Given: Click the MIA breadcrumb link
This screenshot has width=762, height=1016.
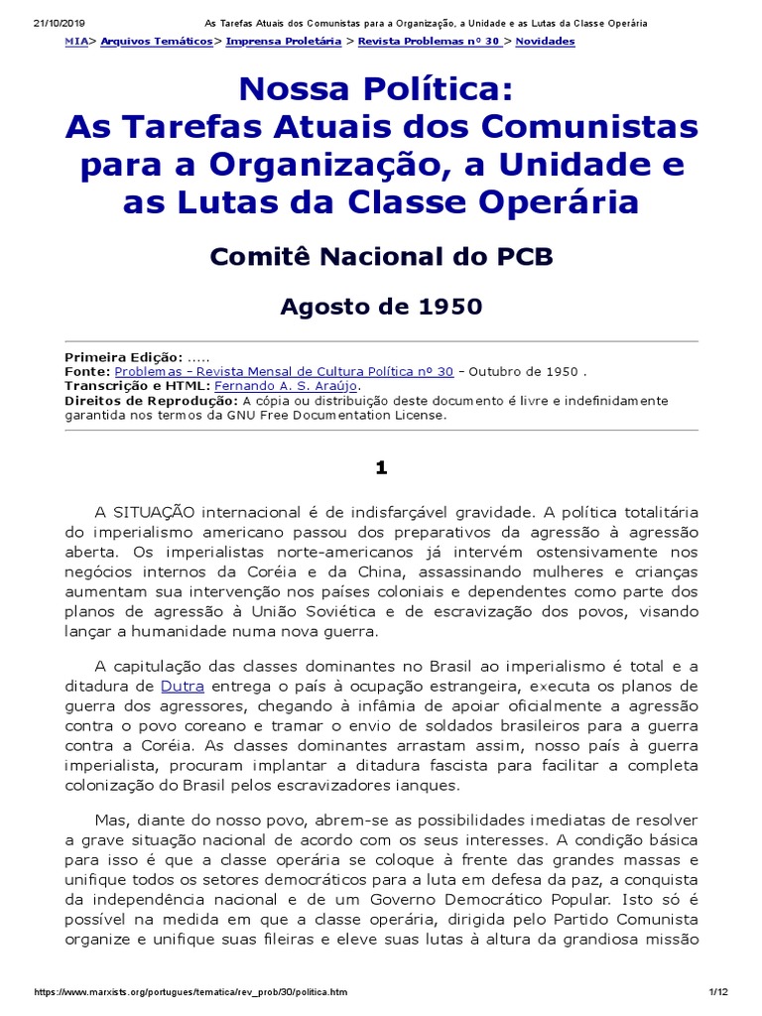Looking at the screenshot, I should [75, 42].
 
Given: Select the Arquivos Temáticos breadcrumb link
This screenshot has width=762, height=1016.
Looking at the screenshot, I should [156, 42].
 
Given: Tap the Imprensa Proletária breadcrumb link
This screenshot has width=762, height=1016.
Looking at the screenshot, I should [283, 42].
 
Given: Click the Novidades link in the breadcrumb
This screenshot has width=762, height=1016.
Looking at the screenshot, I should [545, 42].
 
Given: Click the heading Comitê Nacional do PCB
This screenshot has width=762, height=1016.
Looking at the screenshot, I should [381, 257].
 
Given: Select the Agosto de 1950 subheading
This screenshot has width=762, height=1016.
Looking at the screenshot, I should [381, 307].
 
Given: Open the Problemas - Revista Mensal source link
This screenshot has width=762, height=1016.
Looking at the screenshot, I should [284, 371].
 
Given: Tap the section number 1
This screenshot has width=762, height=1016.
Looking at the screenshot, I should [381, 467].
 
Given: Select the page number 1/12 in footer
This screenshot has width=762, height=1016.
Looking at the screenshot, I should [719, 993].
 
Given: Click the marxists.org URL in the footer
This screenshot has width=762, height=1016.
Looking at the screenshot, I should [190, 993].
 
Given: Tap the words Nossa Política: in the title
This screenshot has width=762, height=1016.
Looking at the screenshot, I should [381, 92].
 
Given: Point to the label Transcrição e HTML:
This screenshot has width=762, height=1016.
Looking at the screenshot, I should [137, 386].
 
